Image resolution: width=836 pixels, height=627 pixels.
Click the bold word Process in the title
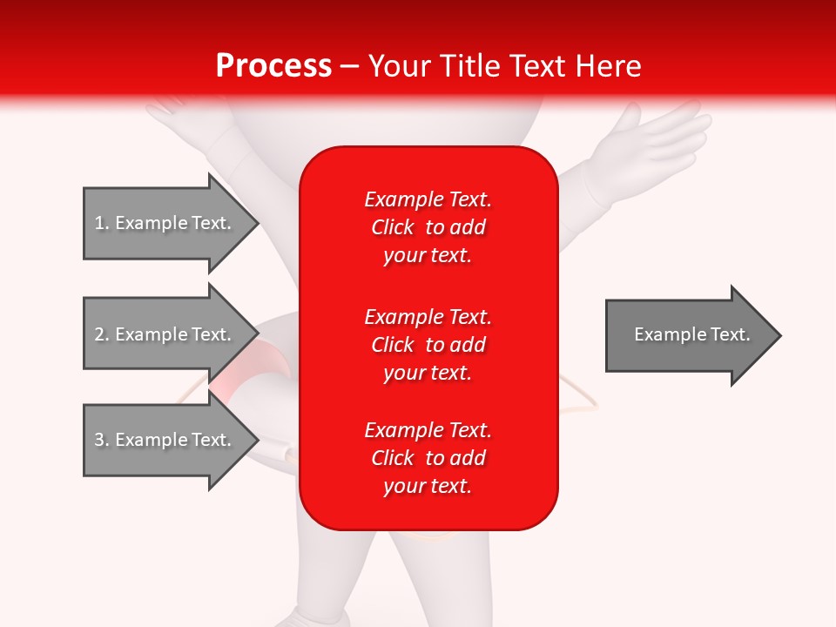pos(273,66)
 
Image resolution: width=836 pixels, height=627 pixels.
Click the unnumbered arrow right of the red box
pos(692,334)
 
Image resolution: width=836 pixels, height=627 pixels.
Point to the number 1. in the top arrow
pos(102,223)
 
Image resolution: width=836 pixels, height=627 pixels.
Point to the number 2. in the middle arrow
pos(102,334)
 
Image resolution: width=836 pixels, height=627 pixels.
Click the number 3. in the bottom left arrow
pos(102,440)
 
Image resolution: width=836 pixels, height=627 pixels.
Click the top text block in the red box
pos(428,227)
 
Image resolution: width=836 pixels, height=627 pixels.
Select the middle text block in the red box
pos(428,345)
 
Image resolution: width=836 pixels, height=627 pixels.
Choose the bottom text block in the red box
pos(428,458)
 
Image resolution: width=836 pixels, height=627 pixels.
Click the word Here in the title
pos(610,66)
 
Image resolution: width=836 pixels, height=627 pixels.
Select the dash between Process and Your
pos(349,66)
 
